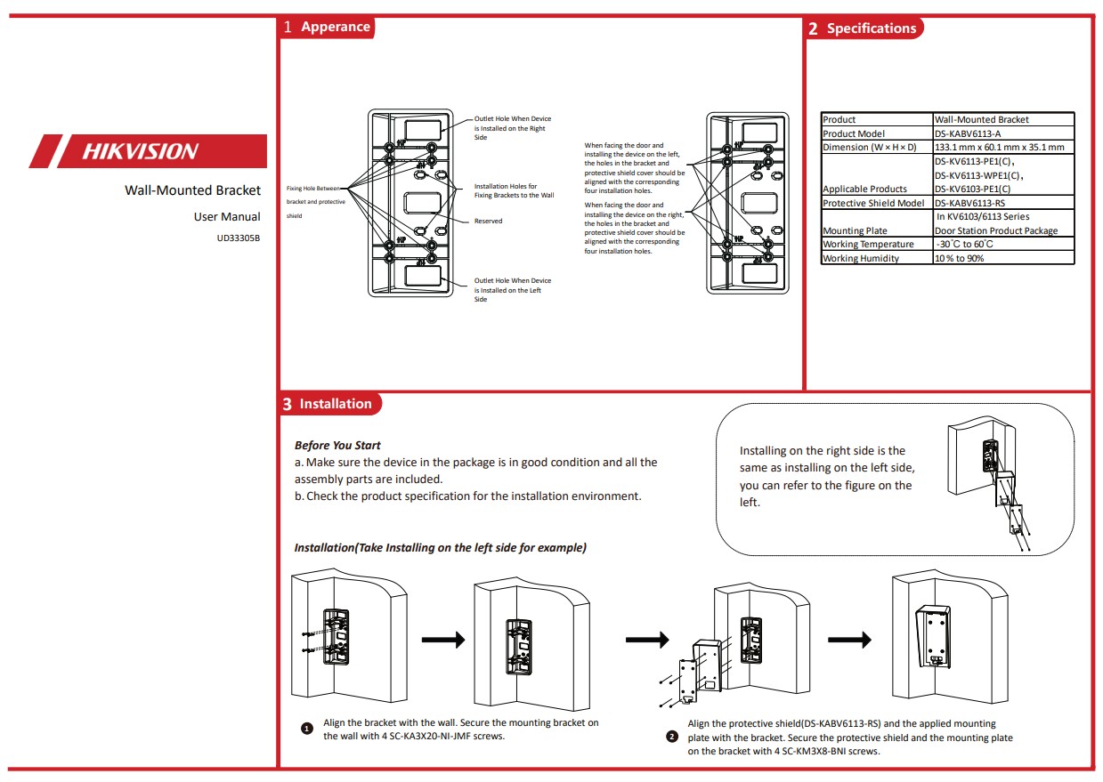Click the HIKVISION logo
[141, 151]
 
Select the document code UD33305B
[238, 238]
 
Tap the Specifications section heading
[870, 28]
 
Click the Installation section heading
[335, 404]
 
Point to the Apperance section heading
[335, 27]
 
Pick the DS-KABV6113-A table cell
[968, 133]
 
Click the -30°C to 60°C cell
[966, 244]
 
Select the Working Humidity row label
[861, 258]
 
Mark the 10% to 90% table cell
[960, 258]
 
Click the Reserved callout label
[488, 221]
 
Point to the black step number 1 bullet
[307, 729]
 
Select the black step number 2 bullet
[672, 737]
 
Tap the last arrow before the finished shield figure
[849, 640]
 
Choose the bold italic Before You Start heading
[337, 445]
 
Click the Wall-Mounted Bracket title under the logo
[192, 190]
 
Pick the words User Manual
[227, 216]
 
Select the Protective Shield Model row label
[873, 203]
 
